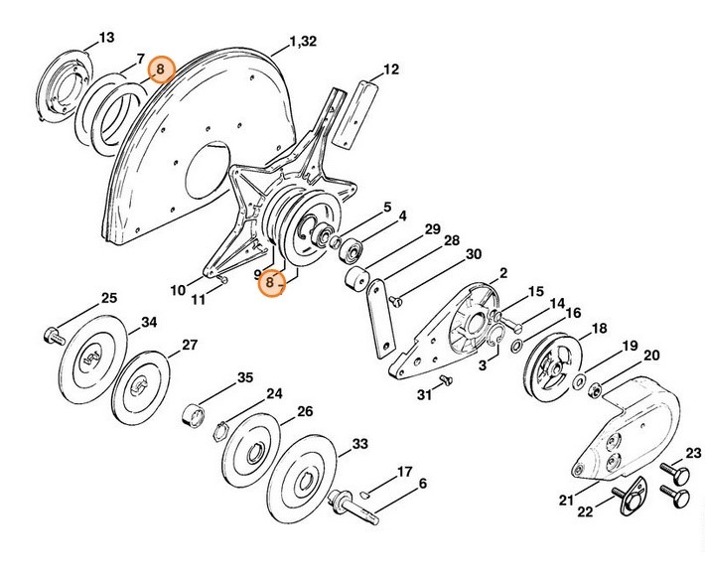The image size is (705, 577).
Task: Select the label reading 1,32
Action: (303, 43)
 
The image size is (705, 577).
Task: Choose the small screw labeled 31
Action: (444, 379)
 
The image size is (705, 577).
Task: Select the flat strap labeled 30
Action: (378, 318)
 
